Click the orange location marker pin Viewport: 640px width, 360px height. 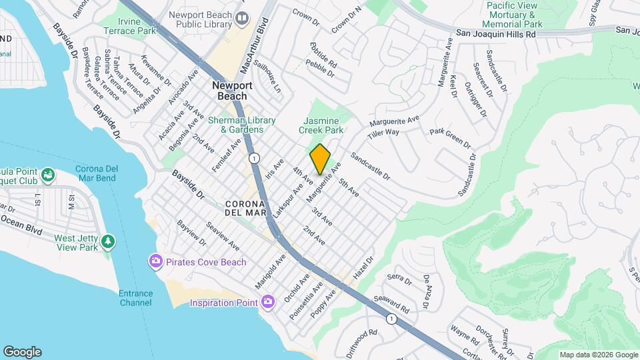point(320,159)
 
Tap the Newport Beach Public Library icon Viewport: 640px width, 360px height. point(242,17)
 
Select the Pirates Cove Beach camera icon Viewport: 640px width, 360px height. point(156,261)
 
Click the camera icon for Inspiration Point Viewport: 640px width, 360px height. point(267,303)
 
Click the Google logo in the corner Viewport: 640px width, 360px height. point(22,352)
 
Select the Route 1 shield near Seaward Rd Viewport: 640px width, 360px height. point(391,319)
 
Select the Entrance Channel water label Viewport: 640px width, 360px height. point(136,298)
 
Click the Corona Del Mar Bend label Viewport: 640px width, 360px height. point(95,173)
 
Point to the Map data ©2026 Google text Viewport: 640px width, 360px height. point(598,355)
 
